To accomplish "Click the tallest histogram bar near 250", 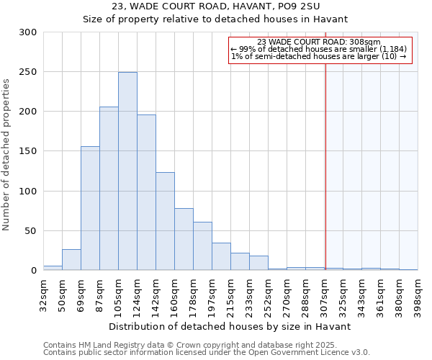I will [x=127, y=171].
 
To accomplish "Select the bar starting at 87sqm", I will [x=109, y=189].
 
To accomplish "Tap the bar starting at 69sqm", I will [x=90, y=208].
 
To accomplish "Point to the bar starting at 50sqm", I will [x=71, y=260].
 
